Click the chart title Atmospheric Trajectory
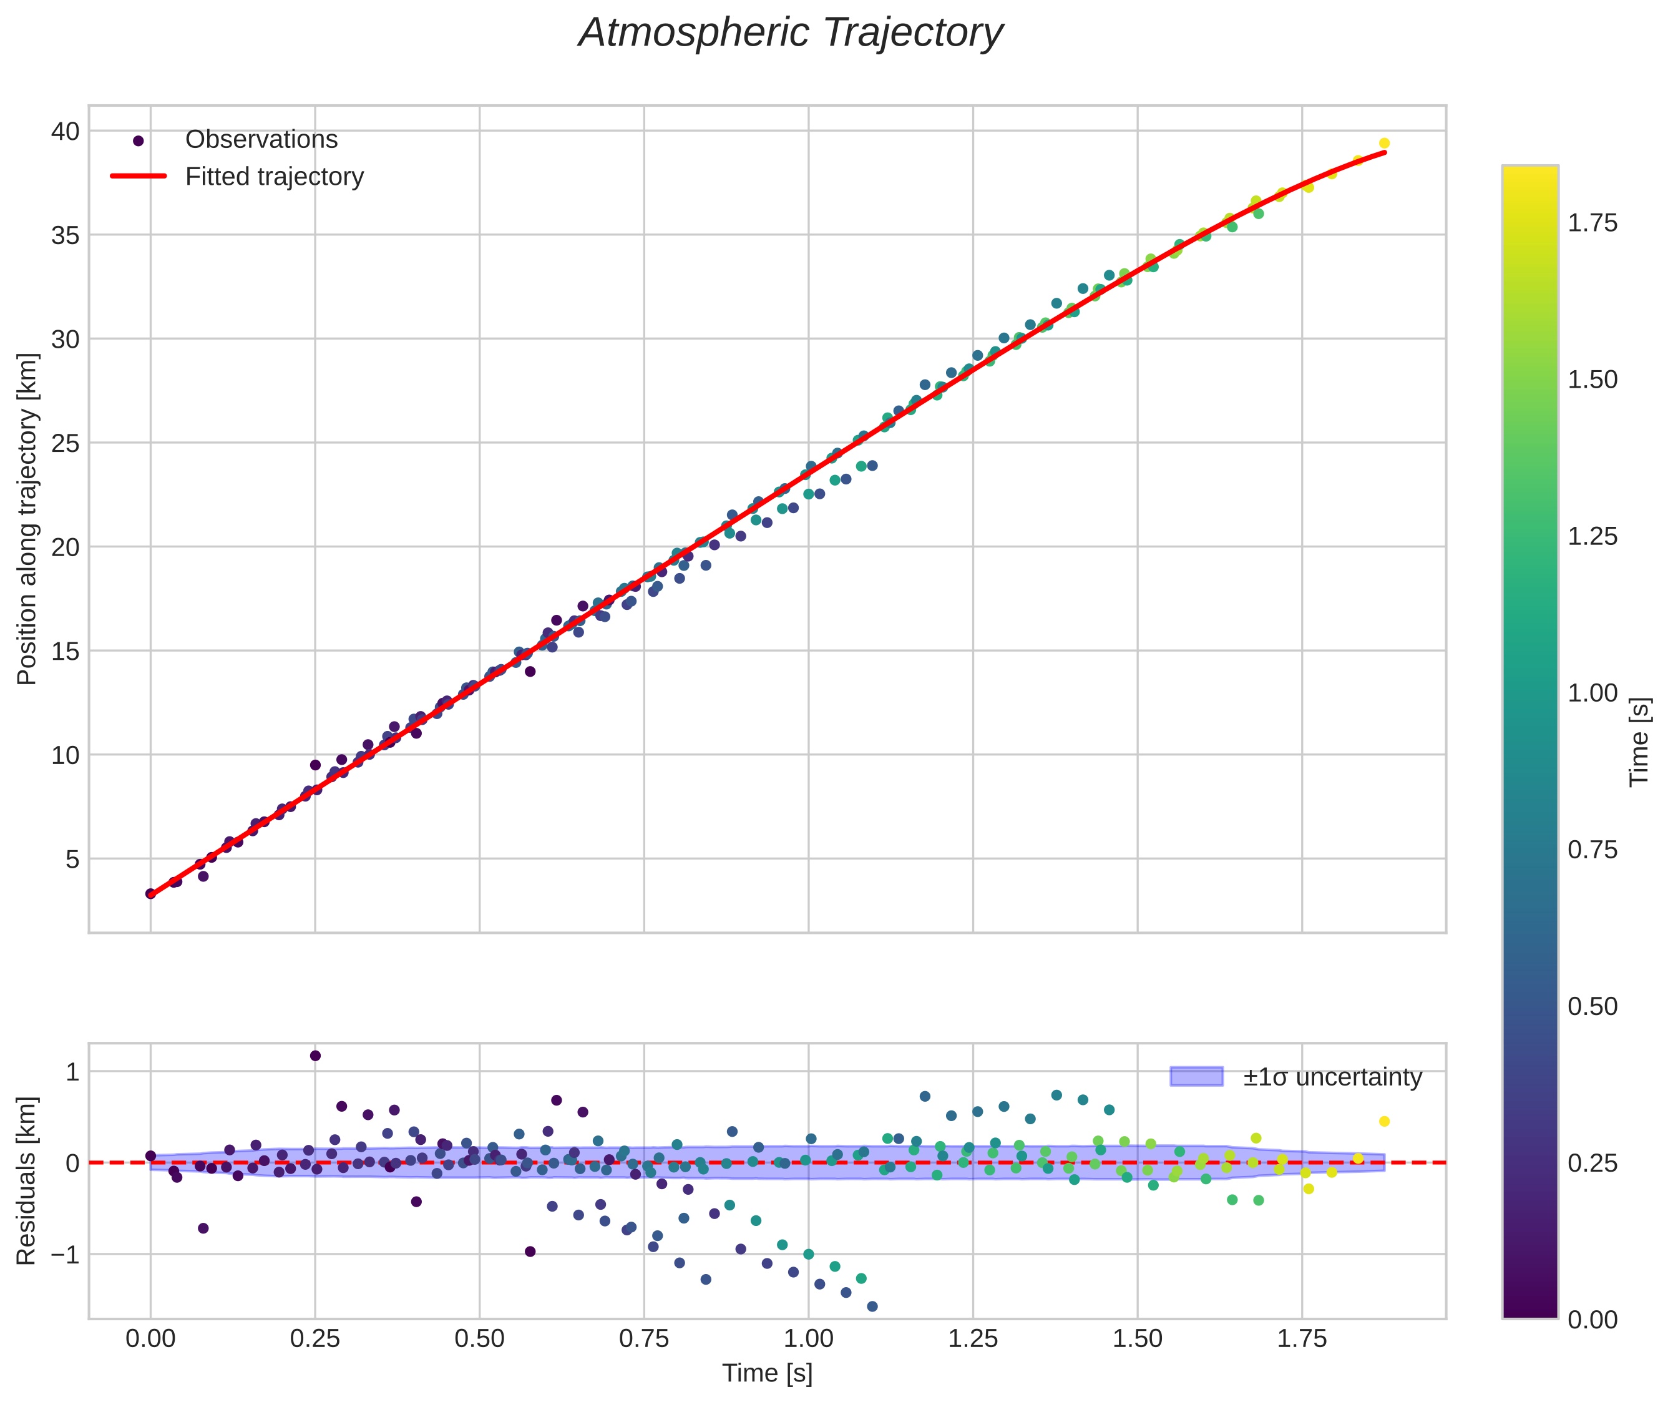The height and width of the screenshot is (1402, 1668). coord(791,33)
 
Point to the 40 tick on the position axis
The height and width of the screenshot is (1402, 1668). coord(66,131)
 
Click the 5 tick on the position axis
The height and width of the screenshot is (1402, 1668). coord(72,859)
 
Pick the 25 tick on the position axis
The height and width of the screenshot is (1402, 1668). coord(66,443)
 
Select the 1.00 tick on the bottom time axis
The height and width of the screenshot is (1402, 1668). coord(808,1338)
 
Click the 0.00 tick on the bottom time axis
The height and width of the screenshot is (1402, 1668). coord(150,1338)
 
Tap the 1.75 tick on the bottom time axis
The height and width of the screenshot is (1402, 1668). coord(1302,1338)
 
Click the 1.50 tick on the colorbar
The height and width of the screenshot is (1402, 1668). coord(1592,380)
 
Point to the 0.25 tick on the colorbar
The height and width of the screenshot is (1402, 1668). coord(1592,1163)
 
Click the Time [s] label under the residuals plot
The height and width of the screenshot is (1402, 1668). coord(767,1373)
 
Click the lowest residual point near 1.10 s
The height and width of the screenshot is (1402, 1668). coord(872,1306)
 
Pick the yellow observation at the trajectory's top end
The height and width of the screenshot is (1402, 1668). coord(1384,143)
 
